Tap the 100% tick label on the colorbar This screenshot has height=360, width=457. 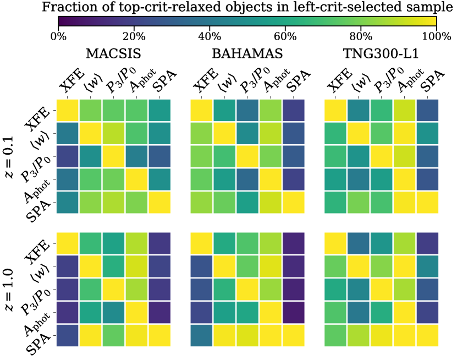coord(436,37)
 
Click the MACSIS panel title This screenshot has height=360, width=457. coord(114,54)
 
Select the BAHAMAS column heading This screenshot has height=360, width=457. coord(248,54)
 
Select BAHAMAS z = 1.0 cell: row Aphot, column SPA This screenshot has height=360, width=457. coord(294,313)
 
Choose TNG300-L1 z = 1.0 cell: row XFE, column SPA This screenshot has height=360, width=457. coord(427,243)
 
